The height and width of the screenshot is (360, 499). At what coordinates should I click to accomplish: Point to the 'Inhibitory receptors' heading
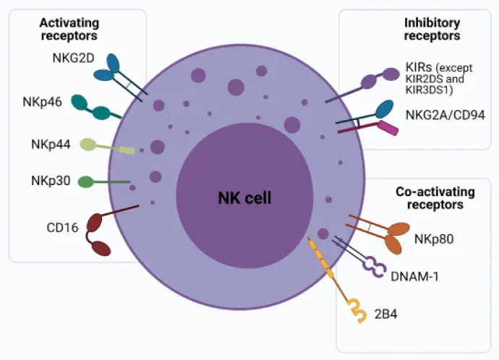coord(432,29)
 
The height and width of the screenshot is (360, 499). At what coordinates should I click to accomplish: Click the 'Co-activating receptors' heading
coord(435,198)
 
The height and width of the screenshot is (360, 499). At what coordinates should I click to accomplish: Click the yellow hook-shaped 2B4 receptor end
coord(355,308)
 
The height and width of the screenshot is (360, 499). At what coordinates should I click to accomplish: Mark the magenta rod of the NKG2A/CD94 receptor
coord(388,129)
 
